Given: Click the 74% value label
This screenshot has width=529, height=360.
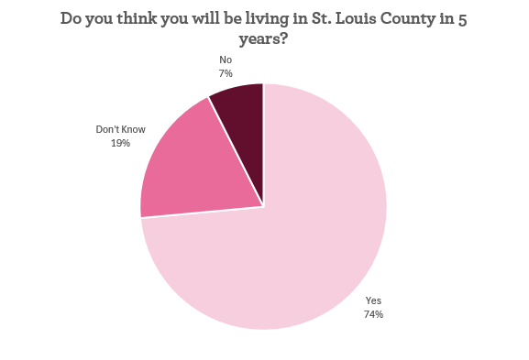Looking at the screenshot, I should pyautogui.click(x=372, y=314).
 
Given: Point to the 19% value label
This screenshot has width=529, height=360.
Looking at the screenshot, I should pyautogui.click(x=120, y=143).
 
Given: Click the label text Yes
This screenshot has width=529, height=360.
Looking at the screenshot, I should pyautogui.click(x=373, y=300).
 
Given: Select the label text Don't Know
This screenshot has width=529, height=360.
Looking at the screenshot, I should pyautogui.click(x=120, y=129).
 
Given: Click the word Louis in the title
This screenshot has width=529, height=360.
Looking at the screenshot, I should pyautogui.click(x=356, y=19).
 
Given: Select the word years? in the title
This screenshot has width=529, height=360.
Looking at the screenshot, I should pyautogui.click(x=264, y=40).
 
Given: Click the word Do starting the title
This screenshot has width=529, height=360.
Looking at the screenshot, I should pyautogui.click(x=72, y=19).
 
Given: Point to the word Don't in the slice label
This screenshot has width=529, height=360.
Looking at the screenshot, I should pyautogui.click(x=108, y=129).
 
